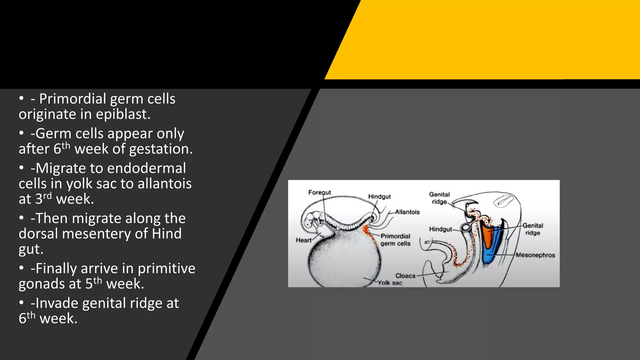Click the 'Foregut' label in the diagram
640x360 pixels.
click(319, 192)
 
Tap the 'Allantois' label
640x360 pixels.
click(407, 212)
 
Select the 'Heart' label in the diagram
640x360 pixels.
click(304, 240)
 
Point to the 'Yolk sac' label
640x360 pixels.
click(390, 283)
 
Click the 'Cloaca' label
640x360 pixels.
click(405, 276)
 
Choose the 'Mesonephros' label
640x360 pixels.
click(535, 255)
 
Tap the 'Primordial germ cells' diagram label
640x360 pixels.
click(395, 240)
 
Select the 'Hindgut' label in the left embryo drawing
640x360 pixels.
click(379, 197)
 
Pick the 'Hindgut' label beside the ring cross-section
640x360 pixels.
click(440, 229)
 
